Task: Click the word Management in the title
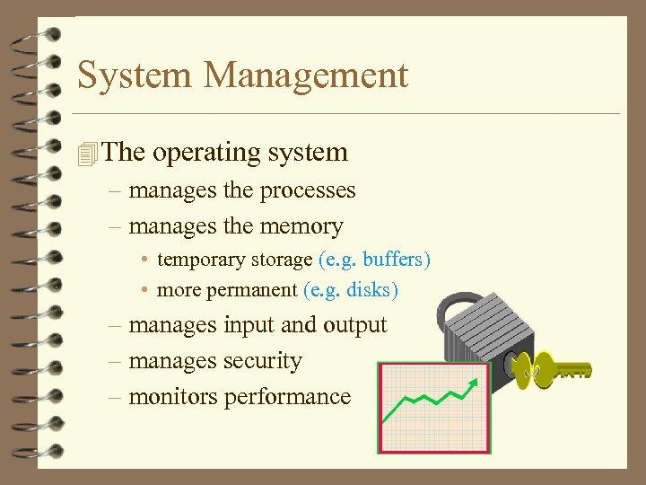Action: tap(306, 75)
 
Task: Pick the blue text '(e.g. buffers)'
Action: tap(374, 260)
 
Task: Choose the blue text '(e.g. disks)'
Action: tap(351, 290)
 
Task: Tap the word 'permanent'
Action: tap(252, 291)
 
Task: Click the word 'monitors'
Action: tap(171, 396)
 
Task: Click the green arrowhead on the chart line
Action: tap(473, 385)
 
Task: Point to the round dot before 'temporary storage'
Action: tap(144, 260)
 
